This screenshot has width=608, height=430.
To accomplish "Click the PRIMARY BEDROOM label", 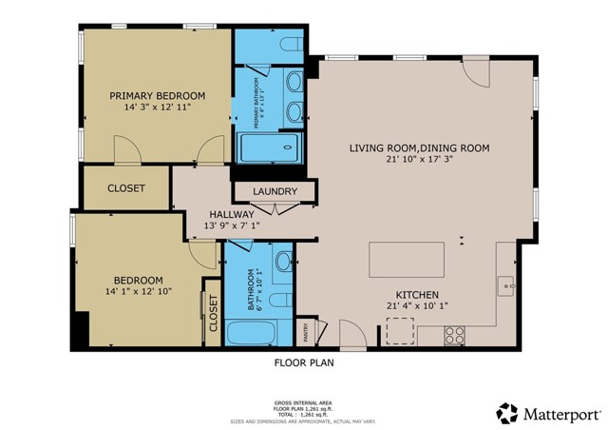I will [158, 95].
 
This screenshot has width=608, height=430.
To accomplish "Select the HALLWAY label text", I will [232, 215].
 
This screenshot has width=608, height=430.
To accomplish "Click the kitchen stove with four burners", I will [455, 335].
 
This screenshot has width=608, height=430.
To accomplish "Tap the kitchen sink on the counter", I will [506, 283].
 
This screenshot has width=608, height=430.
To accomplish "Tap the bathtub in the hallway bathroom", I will [251, 334].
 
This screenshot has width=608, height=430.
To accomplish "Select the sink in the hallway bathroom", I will [283, 262].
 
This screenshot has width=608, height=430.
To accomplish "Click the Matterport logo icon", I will [507, 413].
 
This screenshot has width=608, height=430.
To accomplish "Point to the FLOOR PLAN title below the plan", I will [304, 362].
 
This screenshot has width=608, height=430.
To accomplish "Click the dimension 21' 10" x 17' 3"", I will [418, 161].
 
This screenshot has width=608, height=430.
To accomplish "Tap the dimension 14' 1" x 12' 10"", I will [139, 293].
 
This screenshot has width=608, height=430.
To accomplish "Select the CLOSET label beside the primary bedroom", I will [126, 188].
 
